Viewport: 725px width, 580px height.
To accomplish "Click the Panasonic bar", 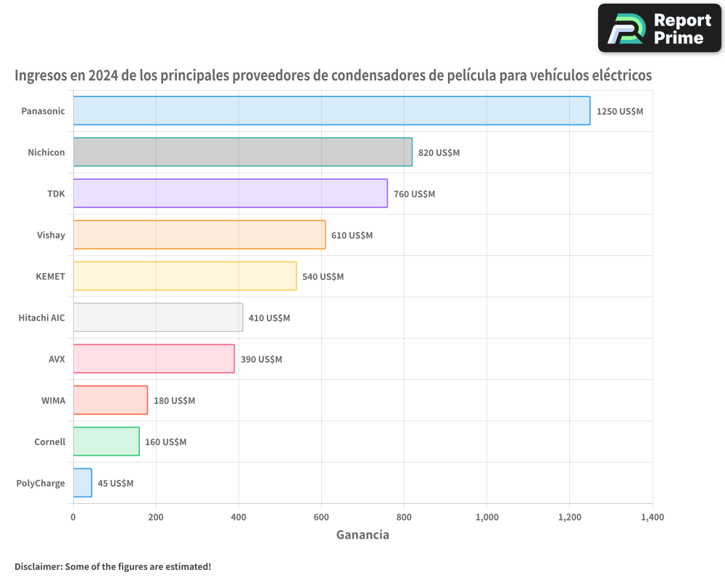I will coord(331,111).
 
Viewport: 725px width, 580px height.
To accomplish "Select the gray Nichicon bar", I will coord(242,152).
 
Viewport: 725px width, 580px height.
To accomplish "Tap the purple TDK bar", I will coord(230,194).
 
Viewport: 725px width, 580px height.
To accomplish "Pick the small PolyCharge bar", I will coord(82,483).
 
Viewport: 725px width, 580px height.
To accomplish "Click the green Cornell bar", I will coord(106,442).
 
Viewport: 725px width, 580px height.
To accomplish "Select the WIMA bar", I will coord(110,400).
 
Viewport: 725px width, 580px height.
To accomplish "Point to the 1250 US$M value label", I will coord(619,112).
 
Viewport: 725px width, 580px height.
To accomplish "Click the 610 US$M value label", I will coord(352,236).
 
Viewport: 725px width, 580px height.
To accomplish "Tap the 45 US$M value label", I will coord(115,484).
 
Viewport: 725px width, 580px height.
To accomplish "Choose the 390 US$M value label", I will coord(261,360).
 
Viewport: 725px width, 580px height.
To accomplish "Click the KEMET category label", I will coord(50,276).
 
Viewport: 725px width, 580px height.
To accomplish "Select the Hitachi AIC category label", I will coord(41,318).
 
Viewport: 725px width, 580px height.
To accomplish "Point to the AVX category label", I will coord(56,359).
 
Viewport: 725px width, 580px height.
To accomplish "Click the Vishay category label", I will coord(51,235).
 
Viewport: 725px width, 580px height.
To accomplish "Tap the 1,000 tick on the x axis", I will coord(486,518).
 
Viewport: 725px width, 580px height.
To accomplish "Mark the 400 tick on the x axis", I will coord(239,518).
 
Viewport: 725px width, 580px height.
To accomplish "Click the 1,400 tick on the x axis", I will coord(652,518).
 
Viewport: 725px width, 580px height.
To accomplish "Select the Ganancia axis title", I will coord(362,535).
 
